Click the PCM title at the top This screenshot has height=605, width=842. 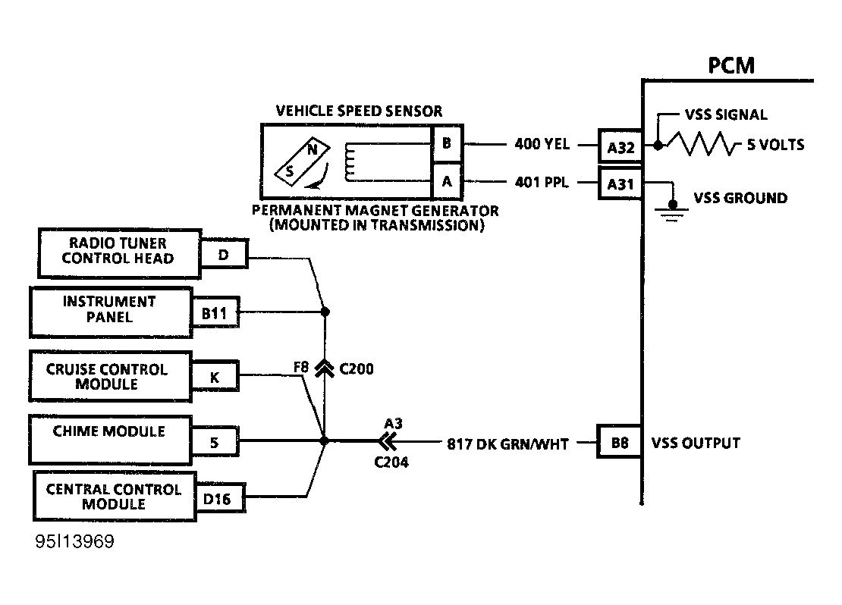click(x=731, y=65)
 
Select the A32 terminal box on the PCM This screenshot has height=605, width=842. click(x=621, y=147)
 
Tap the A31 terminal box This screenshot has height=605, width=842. click(x=621, y=183)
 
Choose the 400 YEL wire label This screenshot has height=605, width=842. click(x=542, y=145)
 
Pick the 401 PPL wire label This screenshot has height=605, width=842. click(x=542, y=183)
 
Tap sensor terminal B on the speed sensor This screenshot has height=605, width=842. click(x=446, y=143)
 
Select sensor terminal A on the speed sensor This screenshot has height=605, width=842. click(x=446, y=182)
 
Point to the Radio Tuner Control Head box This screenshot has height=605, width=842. click(x=118, y=251)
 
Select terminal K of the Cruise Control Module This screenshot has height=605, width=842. click(x=215, y=376)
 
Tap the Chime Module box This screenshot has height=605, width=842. click(x=109, y=439)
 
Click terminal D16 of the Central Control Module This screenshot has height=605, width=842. click(x=218, y=498)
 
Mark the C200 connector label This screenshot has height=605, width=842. click(x=356, y=369)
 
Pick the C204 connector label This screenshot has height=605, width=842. click(x=391, y=462)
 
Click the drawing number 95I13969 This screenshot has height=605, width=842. click(x=74, y=544)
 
